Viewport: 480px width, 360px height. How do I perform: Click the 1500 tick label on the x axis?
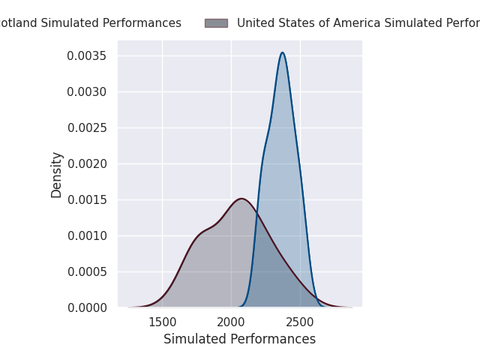[162, 322]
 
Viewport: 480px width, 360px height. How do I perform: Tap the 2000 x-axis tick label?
[231, 322]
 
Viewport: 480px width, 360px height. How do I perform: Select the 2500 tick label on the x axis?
[300, 322]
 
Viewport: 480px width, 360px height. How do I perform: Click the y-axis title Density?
[57, 175]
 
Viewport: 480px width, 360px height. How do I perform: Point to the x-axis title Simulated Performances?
[239, 340]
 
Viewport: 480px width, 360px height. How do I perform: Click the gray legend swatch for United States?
[216, 23]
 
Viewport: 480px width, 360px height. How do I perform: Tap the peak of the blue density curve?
[282, 52]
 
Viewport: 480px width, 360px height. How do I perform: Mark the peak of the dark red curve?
[241, 199]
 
